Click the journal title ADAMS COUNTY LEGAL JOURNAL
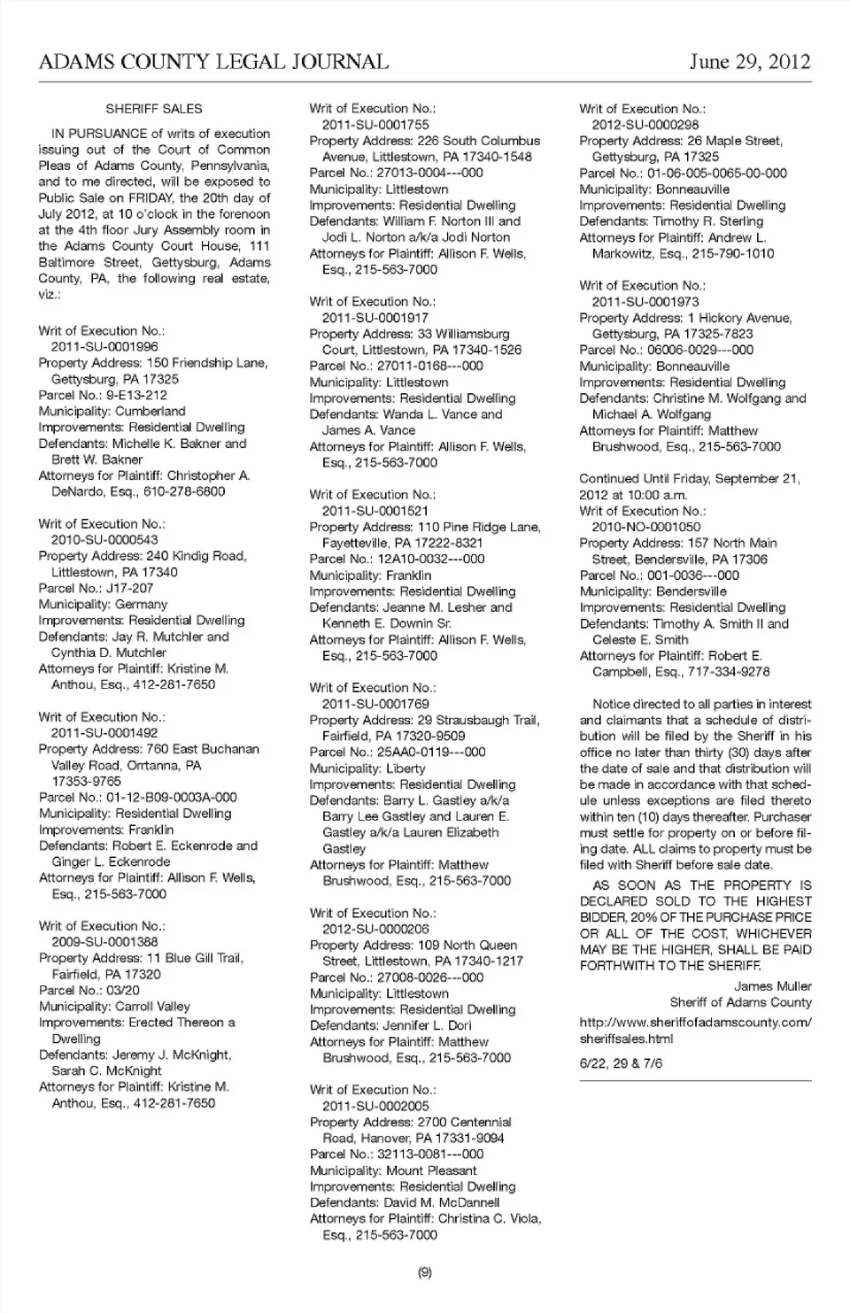click(x=213, y=61)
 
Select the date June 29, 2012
click(x=749, y=61)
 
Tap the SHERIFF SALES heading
click(x=154, y=109)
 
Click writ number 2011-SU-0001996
click(x=104, y=347)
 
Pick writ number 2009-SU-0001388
click(x=104, y=942)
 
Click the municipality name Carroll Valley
click(x=151, y=1007)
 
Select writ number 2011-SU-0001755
click(x=375, y=125)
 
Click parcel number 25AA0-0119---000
click(x=431, y=752)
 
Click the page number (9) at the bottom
click(x=424, y=1272)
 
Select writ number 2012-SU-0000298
click(x=645, y=125)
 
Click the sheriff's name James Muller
click(x=772, y=986)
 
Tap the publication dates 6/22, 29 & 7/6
click(x=621, y=1063)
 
